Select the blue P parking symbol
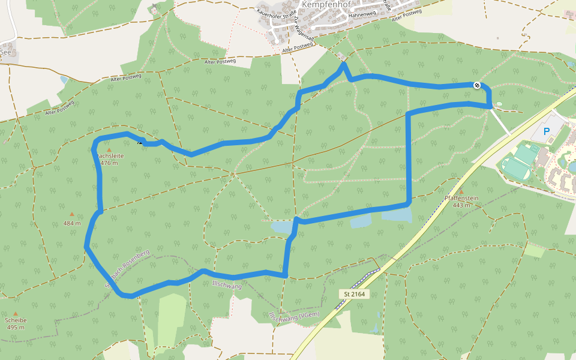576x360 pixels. pos(547,131)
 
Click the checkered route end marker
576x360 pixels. pos(476,85)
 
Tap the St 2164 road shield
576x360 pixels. pos(354,294)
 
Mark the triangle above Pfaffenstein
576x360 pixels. pos(461,191)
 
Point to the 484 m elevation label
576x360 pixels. pos(72,223)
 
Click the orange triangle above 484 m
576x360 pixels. pos(72,214)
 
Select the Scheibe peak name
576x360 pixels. pos(16,320)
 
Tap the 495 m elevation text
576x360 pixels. pos(16,328)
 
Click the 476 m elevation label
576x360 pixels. pos(109,163)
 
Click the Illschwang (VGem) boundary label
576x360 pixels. pos(295,317)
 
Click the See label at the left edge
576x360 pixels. pos(6,52)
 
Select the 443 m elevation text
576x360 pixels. pos(461,205)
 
